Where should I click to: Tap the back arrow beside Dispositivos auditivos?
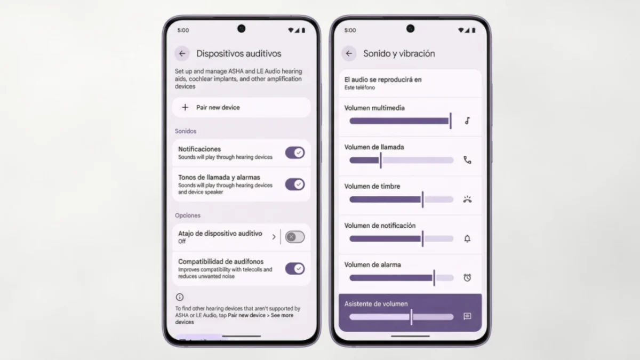point(182,53)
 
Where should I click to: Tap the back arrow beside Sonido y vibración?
point(349,53)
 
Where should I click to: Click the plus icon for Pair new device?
point(185,107)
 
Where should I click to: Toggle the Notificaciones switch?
point(295,153)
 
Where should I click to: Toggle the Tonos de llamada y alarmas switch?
point(295,185)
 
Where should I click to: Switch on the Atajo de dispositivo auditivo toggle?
point(295,237)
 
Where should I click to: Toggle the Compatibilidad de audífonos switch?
point(295,269)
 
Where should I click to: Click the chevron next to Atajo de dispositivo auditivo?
point(274,237)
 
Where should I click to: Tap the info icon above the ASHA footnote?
point(180,297)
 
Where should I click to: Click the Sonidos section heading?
point(186,131)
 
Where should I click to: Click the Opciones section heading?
point(187,215)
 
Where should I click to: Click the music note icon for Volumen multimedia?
point(467,121)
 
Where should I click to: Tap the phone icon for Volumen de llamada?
point(467,160)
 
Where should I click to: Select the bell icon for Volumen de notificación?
point(467,238)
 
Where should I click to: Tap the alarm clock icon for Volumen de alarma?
point(467,278)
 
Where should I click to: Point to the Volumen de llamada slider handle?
point(381,161)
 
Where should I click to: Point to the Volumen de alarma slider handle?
point(434,278)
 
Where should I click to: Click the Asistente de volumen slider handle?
point(411,317)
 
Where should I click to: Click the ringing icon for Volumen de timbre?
point(467,199)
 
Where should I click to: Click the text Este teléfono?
point(359,87)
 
